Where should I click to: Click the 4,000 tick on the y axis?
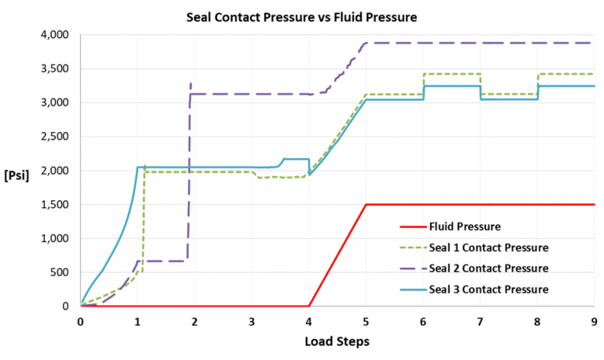pos(55,35)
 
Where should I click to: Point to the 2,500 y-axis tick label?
pos(55,137)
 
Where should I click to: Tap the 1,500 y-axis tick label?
pos(55,204)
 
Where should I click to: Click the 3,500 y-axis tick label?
pos(55,69)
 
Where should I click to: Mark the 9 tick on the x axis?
pos(595,321)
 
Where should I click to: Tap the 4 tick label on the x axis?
pos(309,321)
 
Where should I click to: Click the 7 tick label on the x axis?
pos(481,321)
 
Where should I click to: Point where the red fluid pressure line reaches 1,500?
pos(366,204)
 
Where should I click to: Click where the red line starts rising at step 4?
pos(309,306)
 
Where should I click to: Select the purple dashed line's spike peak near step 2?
pos(190,83)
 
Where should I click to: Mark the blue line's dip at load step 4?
pos(309,174)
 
